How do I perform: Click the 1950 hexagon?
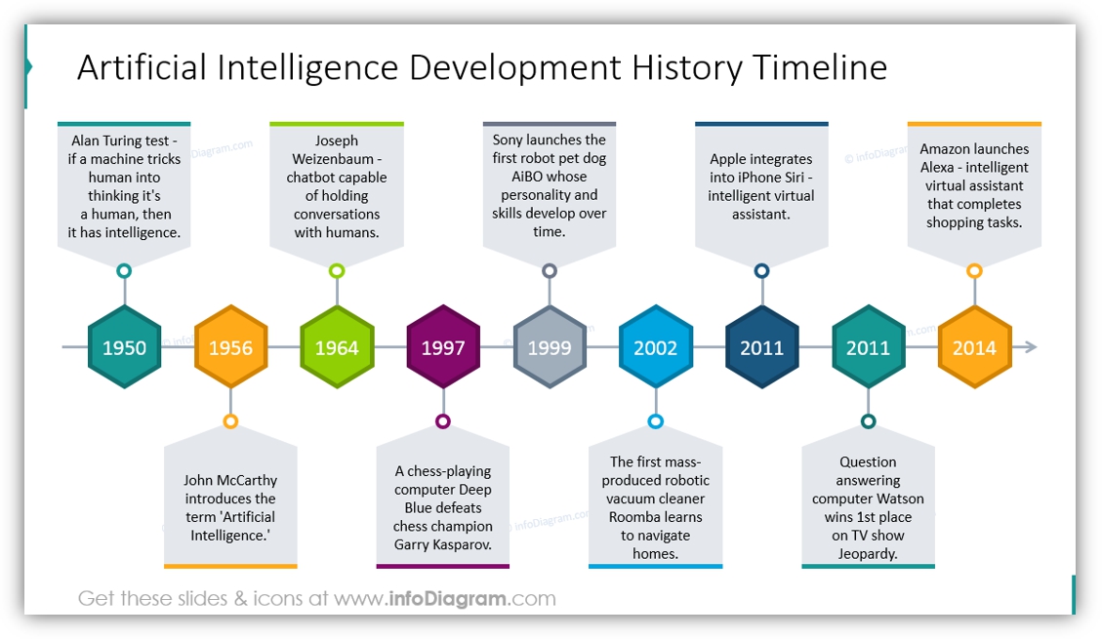pos(124,347)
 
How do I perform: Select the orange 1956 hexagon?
pos(230,347)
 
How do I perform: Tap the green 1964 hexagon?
pos(337,347)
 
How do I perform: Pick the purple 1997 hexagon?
pos(443,347)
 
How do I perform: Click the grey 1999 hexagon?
pos(550,347)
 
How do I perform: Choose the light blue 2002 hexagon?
pos(656,347)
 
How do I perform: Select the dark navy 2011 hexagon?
pos(762,347)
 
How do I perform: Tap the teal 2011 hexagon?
pos(868,347)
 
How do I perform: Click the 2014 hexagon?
pos(974,347)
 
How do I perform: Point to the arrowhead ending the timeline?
pos(1031,347)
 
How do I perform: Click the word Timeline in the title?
pos(820,68)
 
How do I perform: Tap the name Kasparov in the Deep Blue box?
pos(462,545)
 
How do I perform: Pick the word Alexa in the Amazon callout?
pos(940,167)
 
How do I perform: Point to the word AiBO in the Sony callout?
pos(529,177)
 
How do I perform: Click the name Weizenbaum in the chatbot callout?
pos(333,159)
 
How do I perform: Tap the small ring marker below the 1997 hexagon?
pos(443,421)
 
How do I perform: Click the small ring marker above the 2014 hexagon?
pos(974,270)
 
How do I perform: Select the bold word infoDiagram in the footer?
pos(447,598)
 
